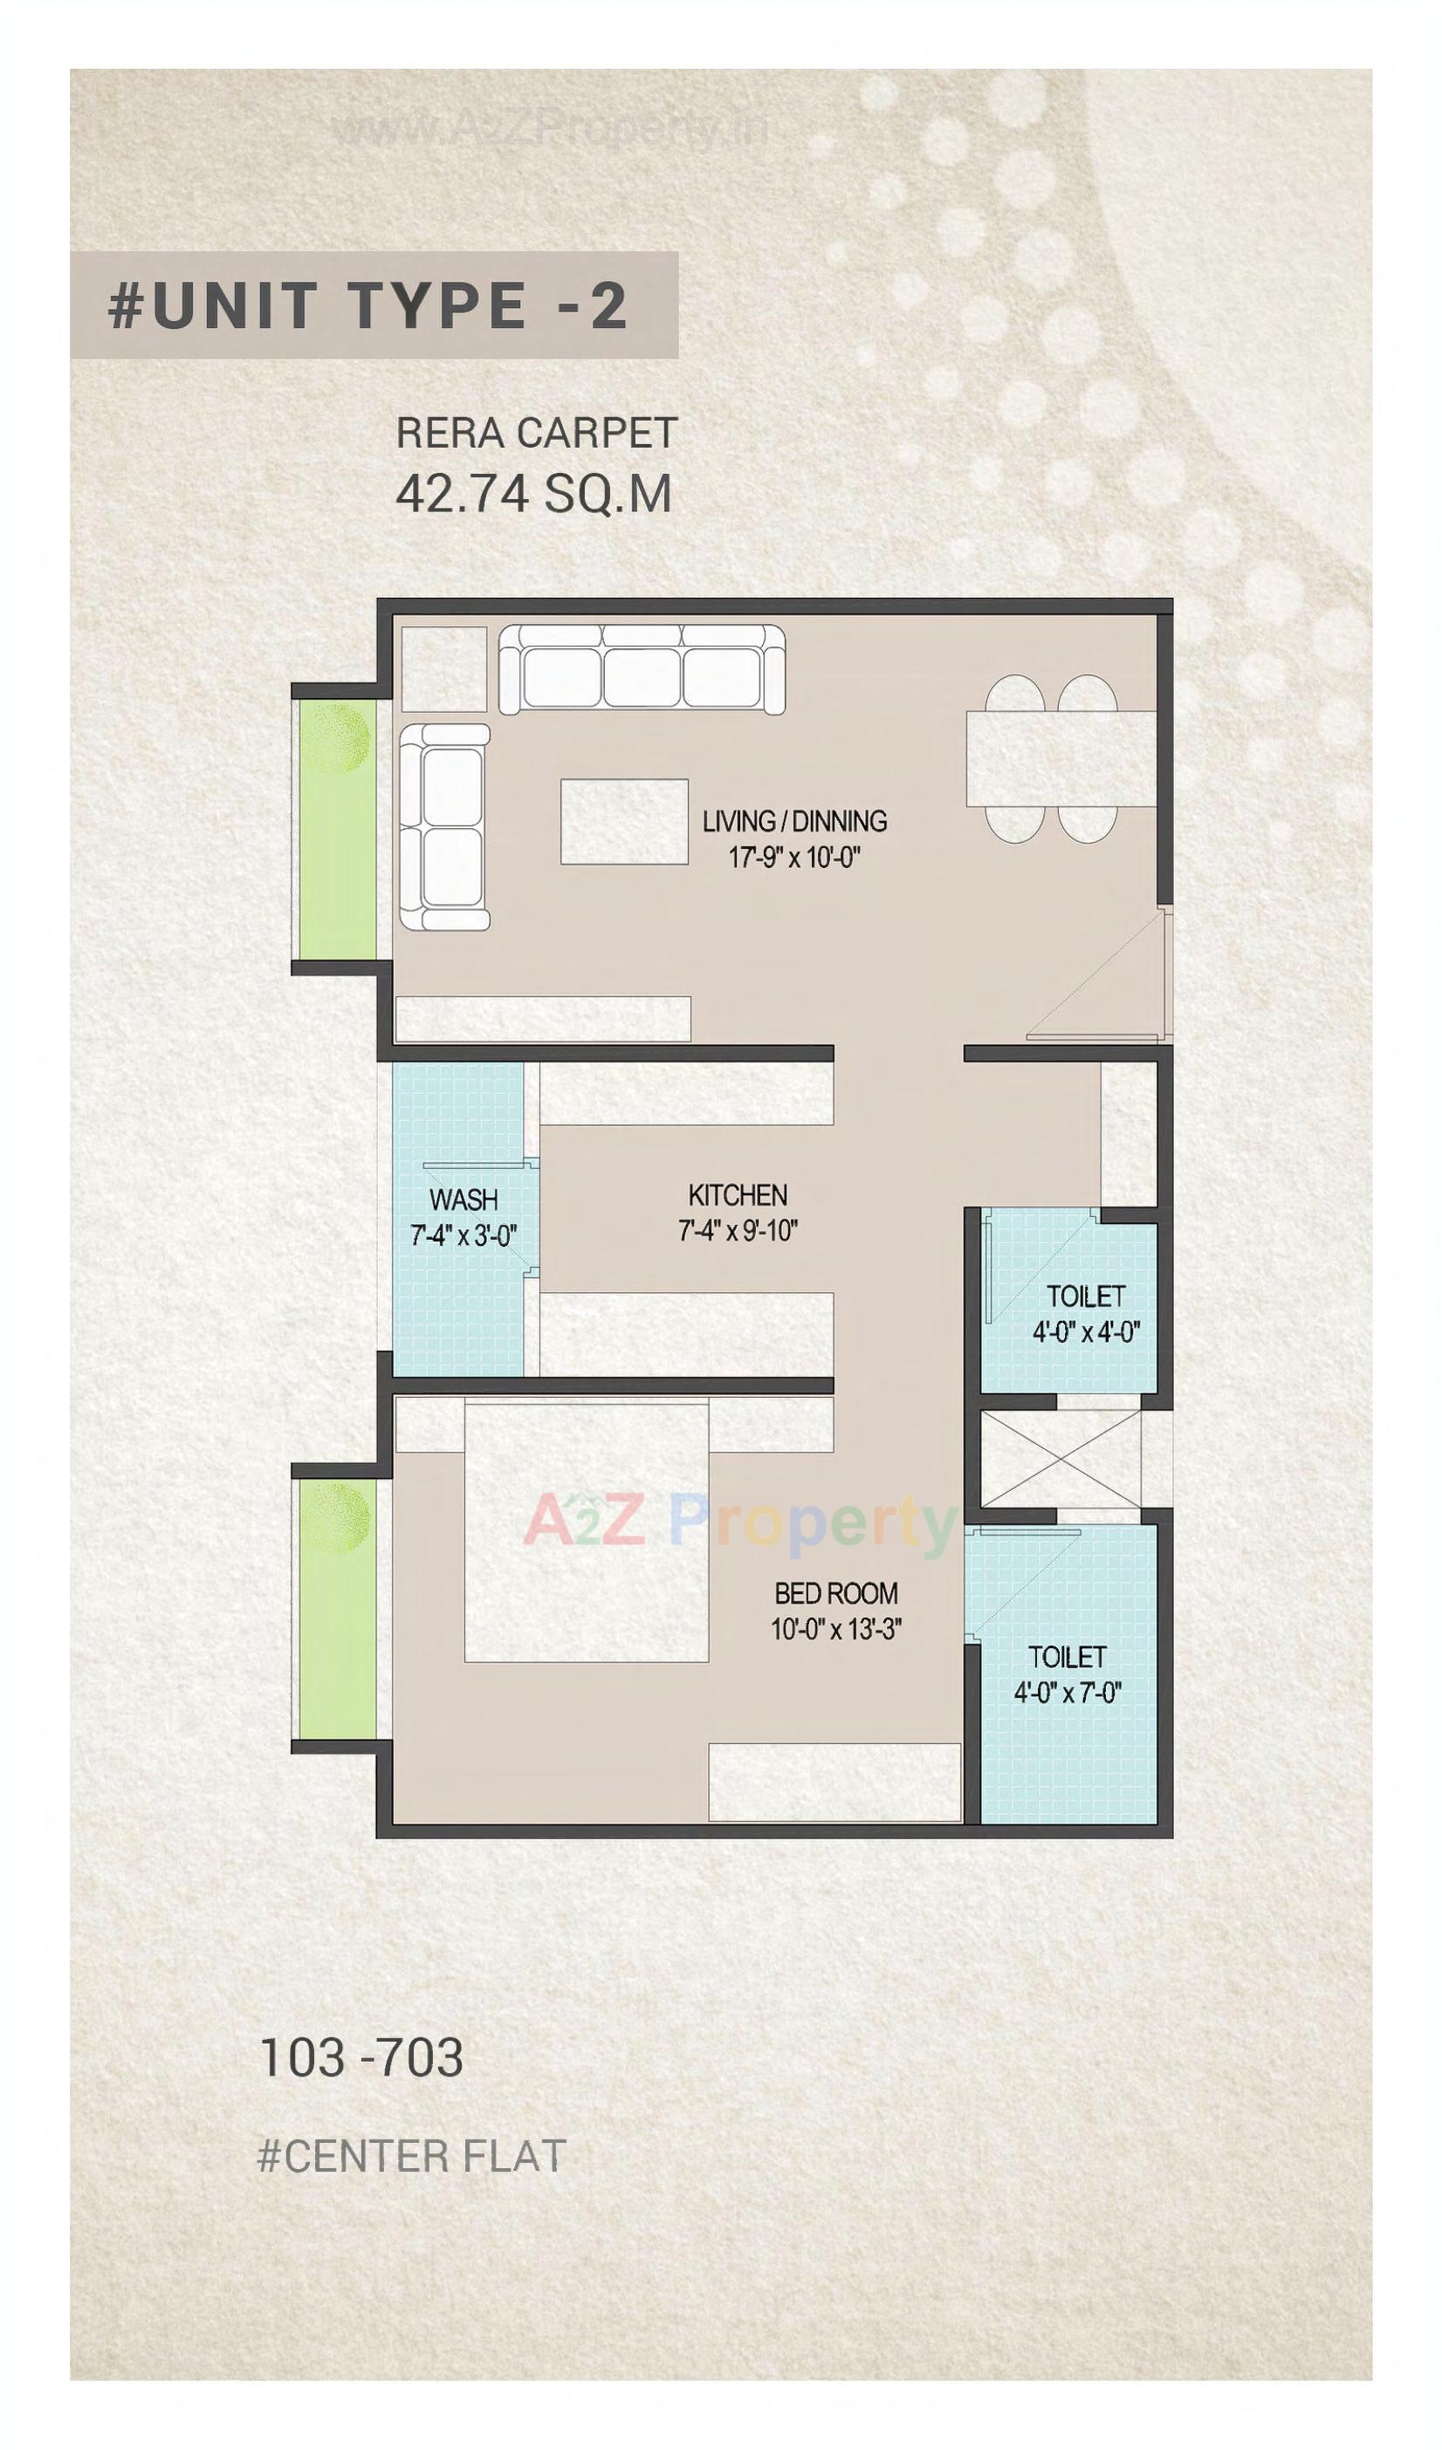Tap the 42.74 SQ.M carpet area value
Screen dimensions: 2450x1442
pos(532,494)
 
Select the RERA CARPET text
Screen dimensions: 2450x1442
pos(536,434)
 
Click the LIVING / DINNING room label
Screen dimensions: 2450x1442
pos(794,822)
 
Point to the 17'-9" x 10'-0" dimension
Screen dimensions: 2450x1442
pos(795,858)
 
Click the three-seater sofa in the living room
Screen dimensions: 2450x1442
pos(642,671)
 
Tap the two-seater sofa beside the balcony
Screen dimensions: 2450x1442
pos(444,826)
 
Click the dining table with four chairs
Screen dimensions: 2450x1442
pos(1060,758)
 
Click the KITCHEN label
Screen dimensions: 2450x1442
pos(737,1194)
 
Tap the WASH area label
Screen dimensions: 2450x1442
pos(463,1199)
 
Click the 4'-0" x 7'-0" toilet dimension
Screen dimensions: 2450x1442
pos(1067,1693)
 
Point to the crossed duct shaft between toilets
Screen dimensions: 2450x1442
pos(1061,1461)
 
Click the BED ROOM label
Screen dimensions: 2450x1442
pos(835,1592)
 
